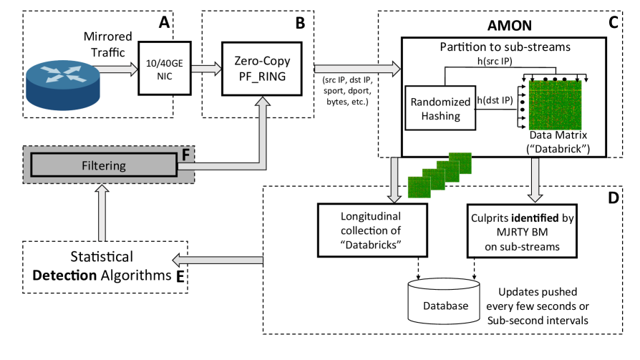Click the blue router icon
[60, 80]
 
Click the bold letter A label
[164, 22]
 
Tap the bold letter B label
[300, 22]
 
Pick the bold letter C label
[614, 22]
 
